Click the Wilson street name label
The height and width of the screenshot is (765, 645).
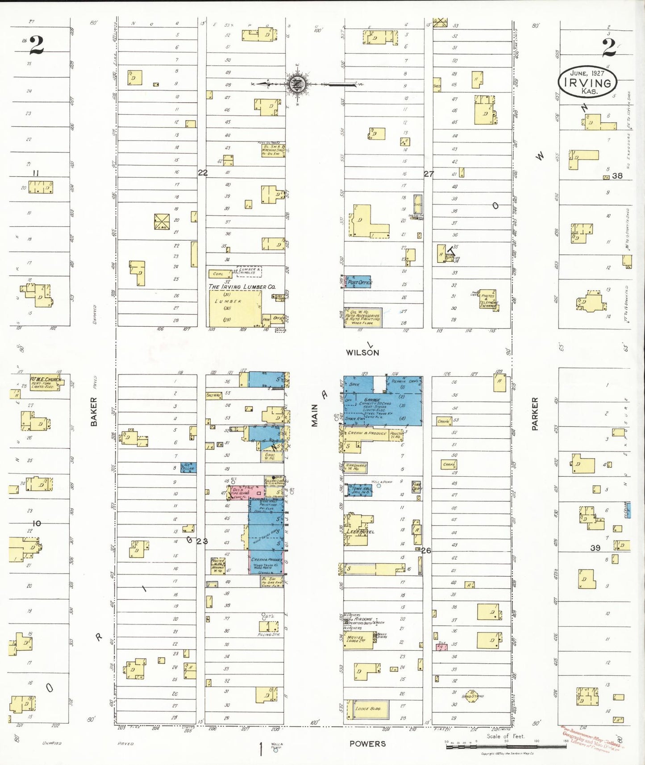tap(362, 353)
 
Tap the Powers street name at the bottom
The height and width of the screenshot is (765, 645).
tap(367, 744)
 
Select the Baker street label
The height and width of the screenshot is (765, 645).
tap(94, 412)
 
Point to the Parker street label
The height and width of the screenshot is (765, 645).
tap(535, 414)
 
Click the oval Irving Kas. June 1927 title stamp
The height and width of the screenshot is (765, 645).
tap(587, 83)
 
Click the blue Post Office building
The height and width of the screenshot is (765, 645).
tap(358, 282)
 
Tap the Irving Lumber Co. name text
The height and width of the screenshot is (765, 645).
tap(242, 287)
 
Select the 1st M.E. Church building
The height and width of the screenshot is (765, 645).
tap(46, 382)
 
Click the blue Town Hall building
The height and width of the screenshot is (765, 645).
tap(360, 490)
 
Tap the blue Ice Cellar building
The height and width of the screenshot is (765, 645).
tap(188, 468)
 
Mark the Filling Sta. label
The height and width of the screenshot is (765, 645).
tap(269, 634)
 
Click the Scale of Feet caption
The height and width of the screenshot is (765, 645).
tap(505, 736)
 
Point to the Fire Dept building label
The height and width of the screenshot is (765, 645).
tap(416, 486)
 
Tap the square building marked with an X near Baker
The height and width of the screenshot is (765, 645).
tap(162, 222)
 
